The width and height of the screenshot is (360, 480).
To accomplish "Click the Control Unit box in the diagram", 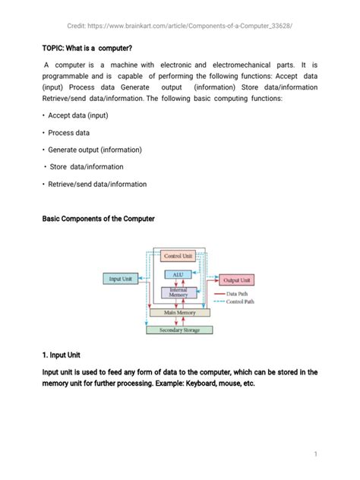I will pos(178,257).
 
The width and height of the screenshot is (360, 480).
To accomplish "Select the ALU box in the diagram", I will pos(178,274).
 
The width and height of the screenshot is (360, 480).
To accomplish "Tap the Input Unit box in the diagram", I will pos(120,279).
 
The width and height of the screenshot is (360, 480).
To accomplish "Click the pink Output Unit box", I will pos(238,280).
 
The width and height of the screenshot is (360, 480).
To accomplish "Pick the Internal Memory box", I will pos(178,292).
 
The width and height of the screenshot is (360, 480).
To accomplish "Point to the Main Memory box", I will pos(179,312).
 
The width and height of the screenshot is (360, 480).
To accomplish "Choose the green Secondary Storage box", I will pos(179,330).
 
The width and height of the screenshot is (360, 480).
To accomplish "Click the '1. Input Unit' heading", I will pos(68,355).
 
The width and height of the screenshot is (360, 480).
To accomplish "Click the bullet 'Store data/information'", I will pos(85,166).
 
